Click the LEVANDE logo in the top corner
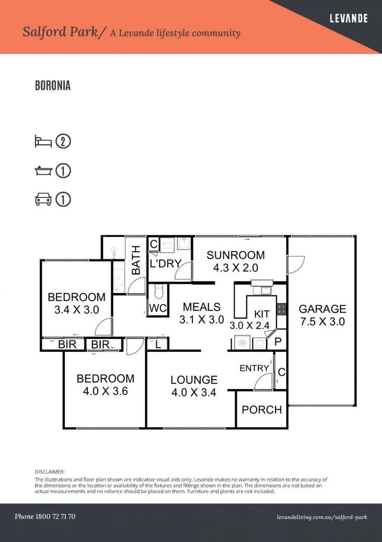(x=348, y=19)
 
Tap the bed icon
(x=43, y=142)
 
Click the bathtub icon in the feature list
(x=43, y=171)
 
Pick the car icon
(x=43, y=200)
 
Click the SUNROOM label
(x=236, y=255)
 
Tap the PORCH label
(x=261, y=410)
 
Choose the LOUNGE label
(x=194, y=380)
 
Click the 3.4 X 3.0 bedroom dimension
(x=76, y=310)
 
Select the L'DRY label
(x=165, y=263)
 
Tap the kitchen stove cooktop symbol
(x=281, y=309)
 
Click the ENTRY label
(x=254, y=368)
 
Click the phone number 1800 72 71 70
(x=45, y=516)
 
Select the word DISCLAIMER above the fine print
(x=50, y=472)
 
